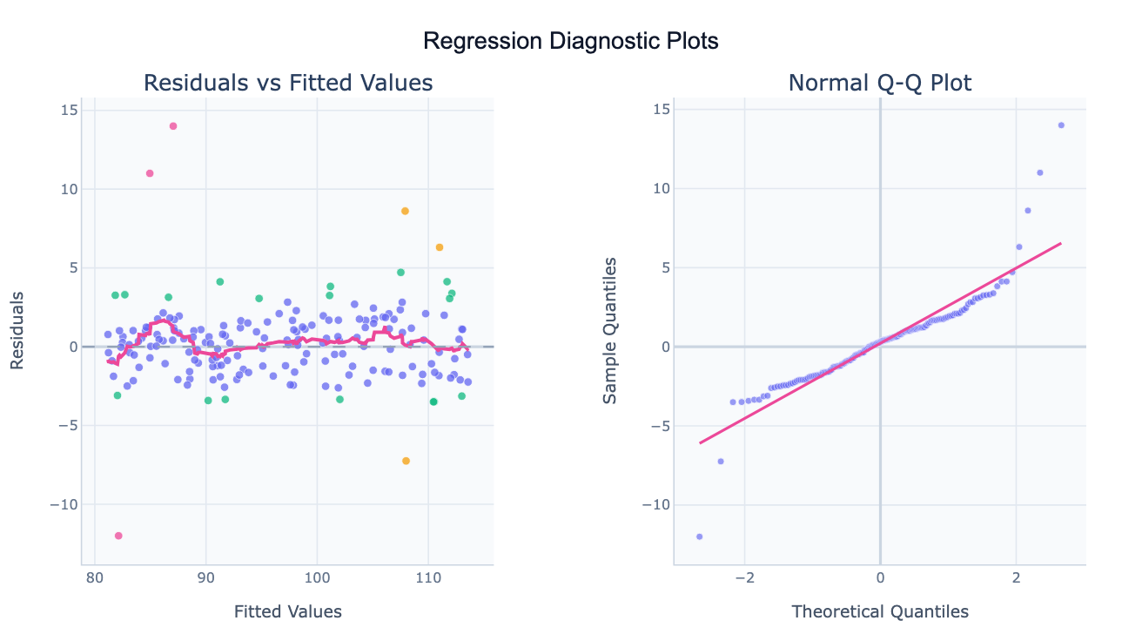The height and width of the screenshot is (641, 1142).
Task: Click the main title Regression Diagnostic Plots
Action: [570, 41]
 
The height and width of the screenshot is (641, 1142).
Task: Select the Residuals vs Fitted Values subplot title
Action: [288, 83]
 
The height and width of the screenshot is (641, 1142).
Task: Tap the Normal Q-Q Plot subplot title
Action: [880, 83]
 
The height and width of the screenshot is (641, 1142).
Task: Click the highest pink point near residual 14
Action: [173, 125]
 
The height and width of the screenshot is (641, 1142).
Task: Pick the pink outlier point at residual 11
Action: [150, 173]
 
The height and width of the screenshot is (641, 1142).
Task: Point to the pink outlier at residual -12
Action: [118, 536]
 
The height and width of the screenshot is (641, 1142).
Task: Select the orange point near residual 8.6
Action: [405, 211]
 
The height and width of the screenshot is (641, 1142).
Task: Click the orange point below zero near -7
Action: [406, 461]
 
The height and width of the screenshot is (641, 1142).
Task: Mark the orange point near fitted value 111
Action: [440, 247]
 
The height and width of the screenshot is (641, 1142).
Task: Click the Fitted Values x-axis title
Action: [288, 611]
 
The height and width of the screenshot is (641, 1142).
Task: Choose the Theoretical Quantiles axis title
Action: [880, 611]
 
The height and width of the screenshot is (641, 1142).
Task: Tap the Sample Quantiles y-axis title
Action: [610, 330]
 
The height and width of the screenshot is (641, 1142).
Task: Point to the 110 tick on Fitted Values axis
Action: [427, 577]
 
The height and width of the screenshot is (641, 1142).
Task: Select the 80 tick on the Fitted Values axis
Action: [95, 577]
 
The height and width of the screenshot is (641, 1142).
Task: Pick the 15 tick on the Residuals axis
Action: [68, 110]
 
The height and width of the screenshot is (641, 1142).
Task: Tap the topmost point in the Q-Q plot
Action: [1061, 125]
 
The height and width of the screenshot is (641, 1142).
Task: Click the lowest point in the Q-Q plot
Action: [699, 536]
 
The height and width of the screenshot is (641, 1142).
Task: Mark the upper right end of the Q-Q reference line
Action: [1061, 244]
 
